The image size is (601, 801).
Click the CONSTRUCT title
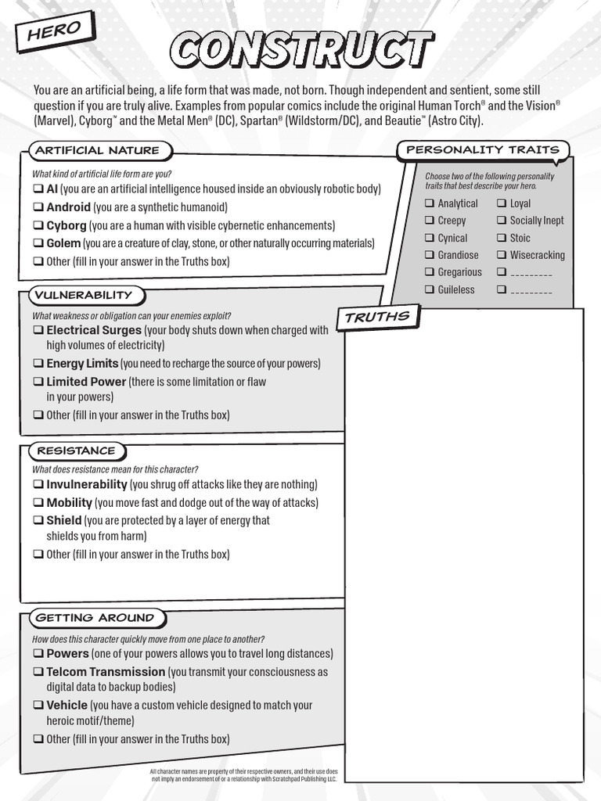tap(301, 49)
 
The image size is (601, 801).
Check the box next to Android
tap(38, 207)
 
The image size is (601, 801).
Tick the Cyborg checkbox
tap(38, 225)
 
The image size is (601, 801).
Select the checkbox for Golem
tap(38, 243)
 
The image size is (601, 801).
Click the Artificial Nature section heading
tap(96, 150)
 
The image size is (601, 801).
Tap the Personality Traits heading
tap(482, 149)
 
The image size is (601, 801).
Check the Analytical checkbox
tap(429, 203)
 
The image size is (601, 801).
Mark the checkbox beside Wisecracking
tap(501, 255)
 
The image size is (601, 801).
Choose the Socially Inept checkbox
tap(501, 221)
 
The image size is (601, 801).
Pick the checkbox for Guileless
tap(429, 289)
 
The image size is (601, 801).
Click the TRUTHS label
tap(377, 317)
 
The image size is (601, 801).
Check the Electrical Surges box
tap(38, 330)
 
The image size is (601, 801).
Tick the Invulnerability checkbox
tap(38, 484)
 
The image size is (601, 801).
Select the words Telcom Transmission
tap(106, 672)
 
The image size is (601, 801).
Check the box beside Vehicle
tap(38, 705)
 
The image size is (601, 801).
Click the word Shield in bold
tap(63, 520)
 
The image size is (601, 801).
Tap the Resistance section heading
tap(77, 451)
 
